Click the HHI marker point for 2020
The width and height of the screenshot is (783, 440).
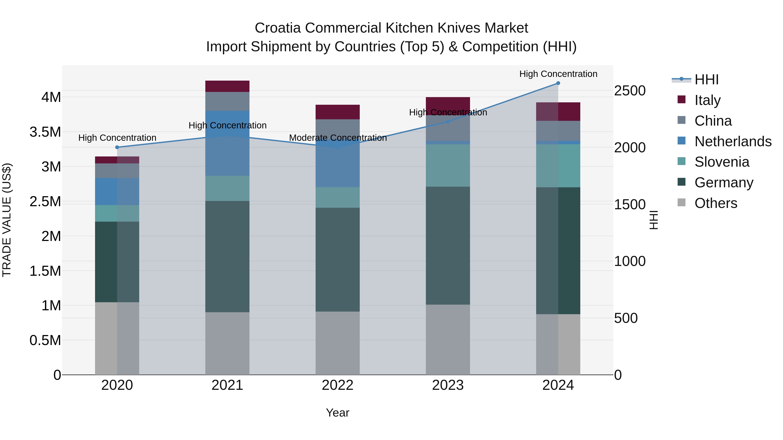point(117,147)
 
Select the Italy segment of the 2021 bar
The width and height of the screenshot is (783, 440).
point(227,86)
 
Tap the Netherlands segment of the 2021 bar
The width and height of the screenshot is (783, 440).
point(227,143)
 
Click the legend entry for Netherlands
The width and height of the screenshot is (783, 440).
point(733,141)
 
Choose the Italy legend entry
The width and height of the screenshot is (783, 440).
point(707,100)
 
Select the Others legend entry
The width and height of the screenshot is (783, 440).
point(716,203)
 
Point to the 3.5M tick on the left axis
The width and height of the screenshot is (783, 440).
point(45,132)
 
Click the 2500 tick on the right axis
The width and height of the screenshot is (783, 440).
point(629,91)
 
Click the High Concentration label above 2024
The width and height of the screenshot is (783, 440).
point(558,74)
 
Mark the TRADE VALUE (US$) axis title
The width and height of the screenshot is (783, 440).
point(7,220)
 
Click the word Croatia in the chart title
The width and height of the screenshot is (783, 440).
point(278,28)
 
